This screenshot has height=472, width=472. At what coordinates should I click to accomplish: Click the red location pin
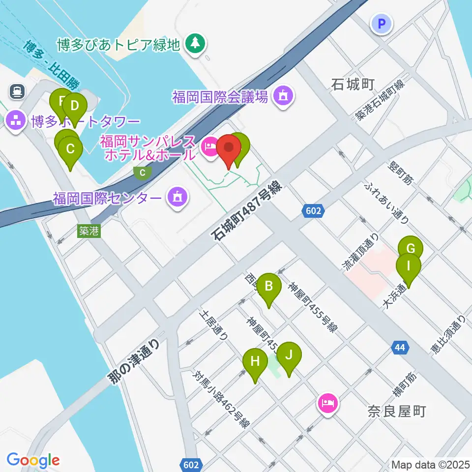point(229,148)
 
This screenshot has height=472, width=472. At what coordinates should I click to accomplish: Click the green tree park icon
point(196,44)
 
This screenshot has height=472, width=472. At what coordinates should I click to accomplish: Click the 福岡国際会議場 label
point(220,96)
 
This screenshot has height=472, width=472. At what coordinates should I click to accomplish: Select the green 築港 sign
point(89,231)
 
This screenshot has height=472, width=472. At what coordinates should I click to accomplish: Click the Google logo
point(33,460)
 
